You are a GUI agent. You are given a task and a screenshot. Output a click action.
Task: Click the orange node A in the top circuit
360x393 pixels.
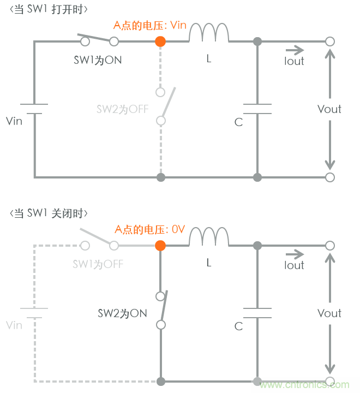(x=160, y=41)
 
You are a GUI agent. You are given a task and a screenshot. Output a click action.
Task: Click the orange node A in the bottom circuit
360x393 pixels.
(x=160, y=245)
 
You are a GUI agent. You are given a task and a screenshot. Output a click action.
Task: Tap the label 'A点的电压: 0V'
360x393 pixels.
(x=149, y=230)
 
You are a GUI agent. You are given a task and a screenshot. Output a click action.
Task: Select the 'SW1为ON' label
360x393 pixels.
(x=98, y=60)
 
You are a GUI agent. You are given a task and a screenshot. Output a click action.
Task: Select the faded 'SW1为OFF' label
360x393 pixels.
(x=98, y=264)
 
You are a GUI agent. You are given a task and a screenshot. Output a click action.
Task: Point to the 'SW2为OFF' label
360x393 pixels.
(x=123, y=109)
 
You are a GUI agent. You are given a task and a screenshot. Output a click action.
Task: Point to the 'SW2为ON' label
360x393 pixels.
(x=123, y=313)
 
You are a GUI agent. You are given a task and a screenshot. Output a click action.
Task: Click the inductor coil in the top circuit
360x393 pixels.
(x=209, y=34)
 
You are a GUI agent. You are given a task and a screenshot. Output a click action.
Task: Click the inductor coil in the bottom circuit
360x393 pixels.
(x=209, y=239)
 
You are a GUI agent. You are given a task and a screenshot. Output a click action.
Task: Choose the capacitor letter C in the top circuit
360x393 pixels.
(x=238, y=122)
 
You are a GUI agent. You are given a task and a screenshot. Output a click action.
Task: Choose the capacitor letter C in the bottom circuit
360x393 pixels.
(x=238, y=326)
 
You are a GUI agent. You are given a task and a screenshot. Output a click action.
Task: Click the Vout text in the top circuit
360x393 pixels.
(x=329, y=109)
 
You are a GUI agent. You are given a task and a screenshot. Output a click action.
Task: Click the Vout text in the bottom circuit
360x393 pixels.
(x=329, y=313)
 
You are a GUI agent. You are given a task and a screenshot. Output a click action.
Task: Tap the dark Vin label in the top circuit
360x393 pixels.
(x=14, y=121)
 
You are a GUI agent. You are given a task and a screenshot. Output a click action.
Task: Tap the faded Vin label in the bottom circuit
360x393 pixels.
(x=14, y=325)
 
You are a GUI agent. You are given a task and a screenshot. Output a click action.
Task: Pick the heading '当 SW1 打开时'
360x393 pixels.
(x=49, y=9)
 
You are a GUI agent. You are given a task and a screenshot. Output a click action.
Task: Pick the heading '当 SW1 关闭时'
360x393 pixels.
(x=49, y=213)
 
